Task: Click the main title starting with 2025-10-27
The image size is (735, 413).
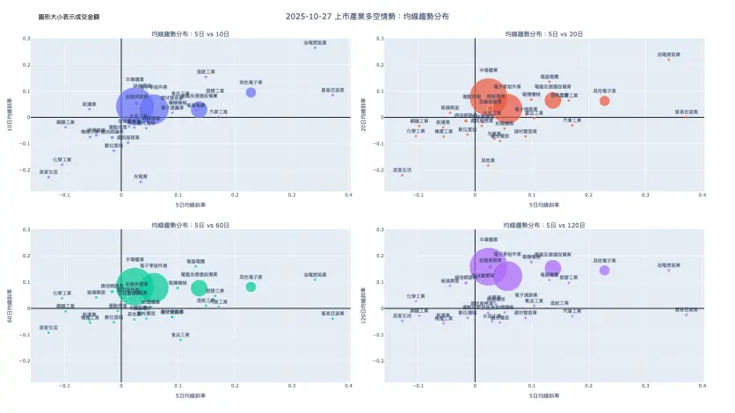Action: (367, 16)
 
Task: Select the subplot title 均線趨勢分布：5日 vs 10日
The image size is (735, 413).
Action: (190, 33)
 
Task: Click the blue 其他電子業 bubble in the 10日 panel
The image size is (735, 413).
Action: (251, 92)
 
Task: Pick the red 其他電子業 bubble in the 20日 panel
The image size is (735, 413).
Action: (604, 101)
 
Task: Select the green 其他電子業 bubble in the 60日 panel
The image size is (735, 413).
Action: (251, 287)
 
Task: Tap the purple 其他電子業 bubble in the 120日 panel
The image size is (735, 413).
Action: (604, 271)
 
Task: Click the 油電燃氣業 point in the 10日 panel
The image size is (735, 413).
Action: (314, 47)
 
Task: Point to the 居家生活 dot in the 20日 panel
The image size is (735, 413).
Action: (402, 175)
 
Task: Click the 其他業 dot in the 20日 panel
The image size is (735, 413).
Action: (488, 166)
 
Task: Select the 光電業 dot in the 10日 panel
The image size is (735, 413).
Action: (141, 182)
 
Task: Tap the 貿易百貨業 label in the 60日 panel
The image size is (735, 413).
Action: (332, 313)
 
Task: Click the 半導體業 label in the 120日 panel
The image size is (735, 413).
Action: (490, 239)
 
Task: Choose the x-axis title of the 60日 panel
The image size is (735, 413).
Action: (190, 396)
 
